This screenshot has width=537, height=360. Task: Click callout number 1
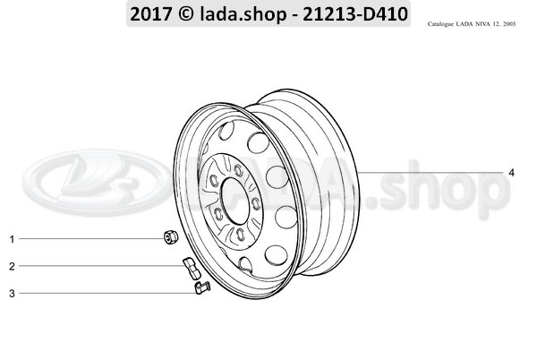[x=13, y=239]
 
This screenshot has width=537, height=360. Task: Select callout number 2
[x=13, y=266]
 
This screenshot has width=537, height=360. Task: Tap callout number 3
[x=13, y=293]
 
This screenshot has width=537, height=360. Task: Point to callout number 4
[x=511, y=172]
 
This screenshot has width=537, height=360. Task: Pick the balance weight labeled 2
[x=190, y=267]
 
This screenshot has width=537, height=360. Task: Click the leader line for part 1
[x=89, y=239]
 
